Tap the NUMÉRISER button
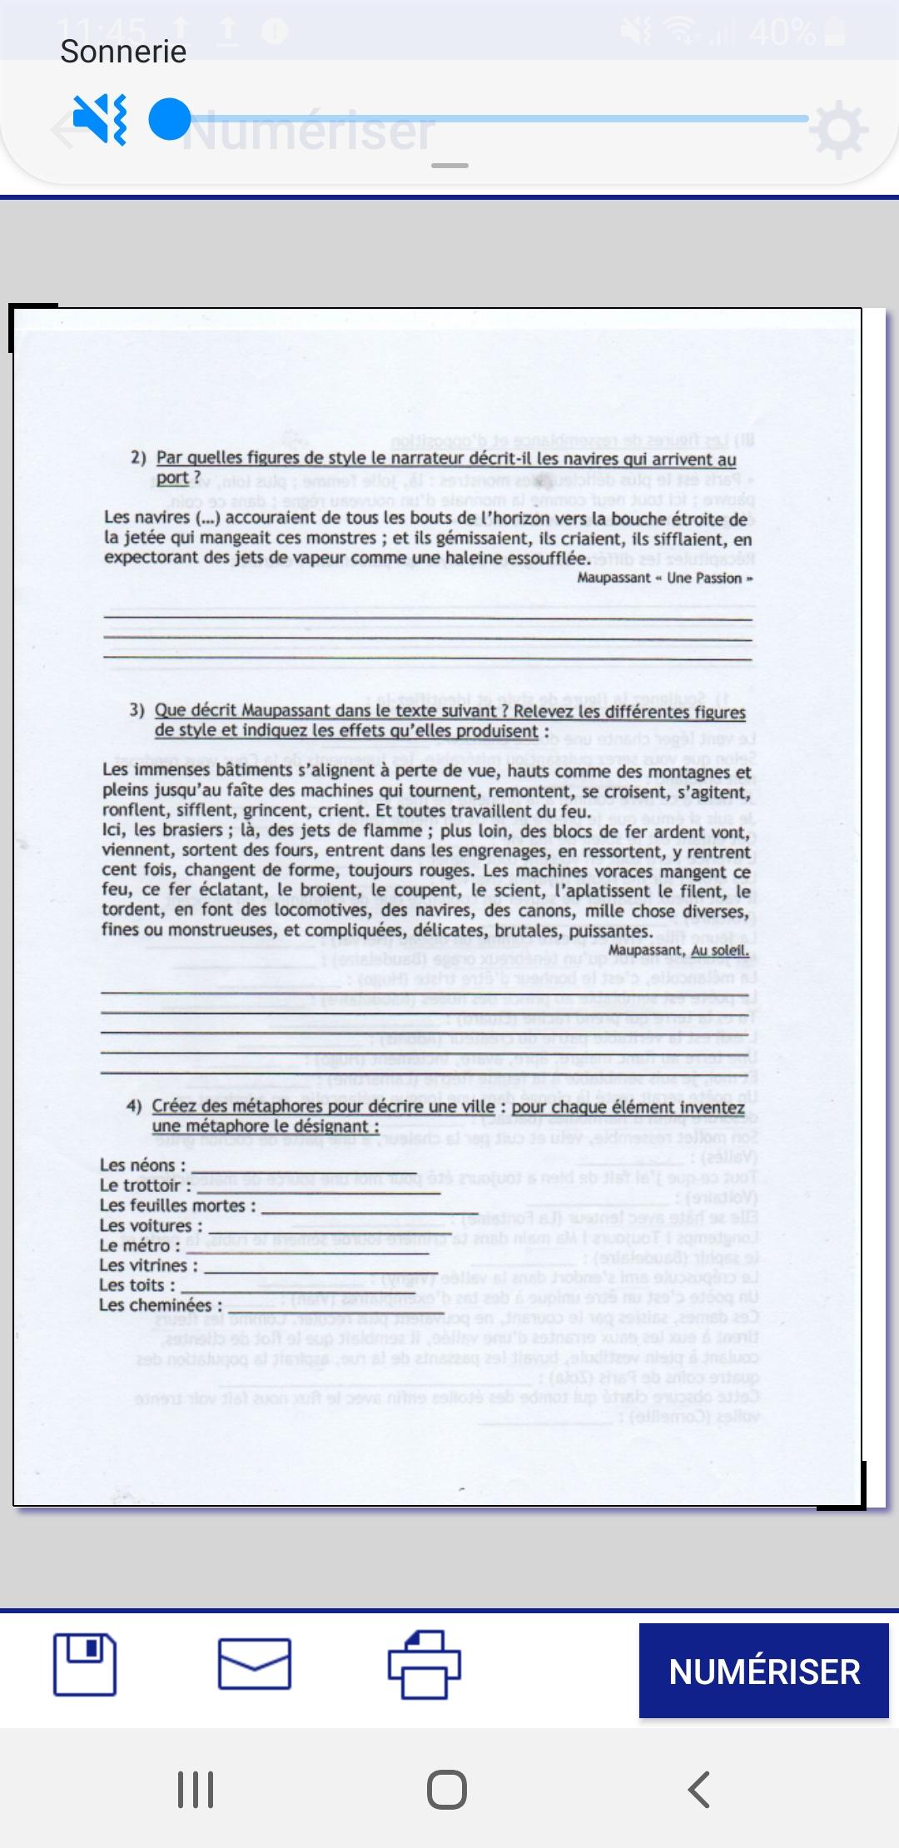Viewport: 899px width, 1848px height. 763,1671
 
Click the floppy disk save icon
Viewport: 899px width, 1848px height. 85,1665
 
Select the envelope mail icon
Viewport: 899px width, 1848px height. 254,1665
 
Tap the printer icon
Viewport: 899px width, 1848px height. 425,1665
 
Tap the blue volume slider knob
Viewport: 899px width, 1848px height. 170,120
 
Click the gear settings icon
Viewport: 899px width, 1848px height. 838,129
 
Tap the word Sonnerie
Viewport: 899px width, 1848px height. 123,52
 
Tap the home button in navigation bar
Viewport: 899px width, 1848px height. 447,1789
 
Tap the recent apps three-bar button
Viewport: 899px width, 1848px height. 196,1789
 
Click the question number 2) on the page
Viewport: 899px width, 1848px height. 138,457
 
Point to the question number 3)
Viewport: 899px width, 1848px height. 137,710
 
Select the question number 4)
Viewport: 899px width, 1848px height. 134,1106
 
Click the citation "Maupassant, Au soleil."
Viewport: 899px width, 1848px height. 678,950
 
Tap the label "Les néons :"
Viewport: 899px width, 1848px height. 142,1165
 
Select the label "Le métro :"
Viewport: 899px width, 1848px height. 140,1245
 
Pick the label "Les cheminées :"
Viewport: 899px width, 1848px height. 161,1305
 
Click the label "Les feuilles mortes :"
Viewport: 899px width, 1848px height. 177,1205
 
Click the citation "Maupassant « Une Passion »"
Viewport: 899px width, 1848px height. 665,578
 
